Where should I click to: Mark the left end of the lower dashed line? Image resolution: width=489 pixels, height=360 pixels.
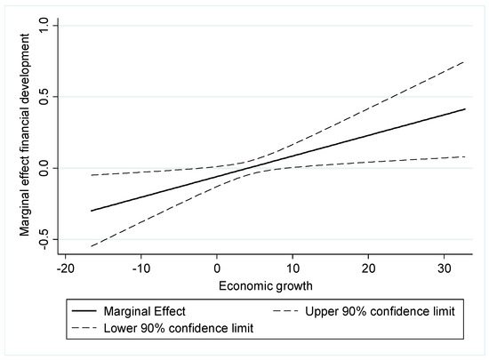pyautogui.click(x=91, y=246)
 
